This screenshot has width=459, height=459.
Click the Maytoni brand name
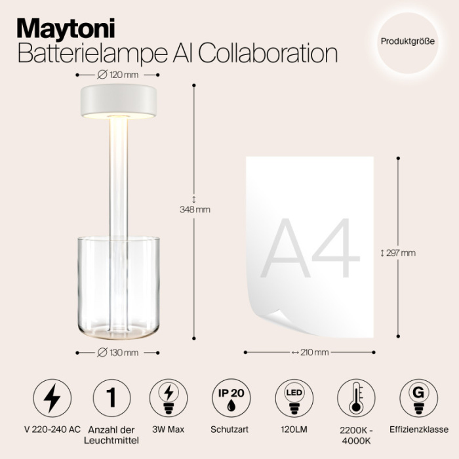pyautogui.click(x=66, y=28)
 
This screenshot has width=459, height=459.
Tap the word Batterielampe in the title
pyautogui.click(x=81, y=54)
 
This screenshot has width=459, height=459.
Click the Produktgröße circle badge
pyautogui.click(x=407, y=41)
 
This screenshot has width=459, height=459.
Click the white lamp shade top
pyautogui.click(x=118, y=99)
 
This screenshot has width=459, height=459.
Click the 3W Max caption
pyautogui.click(x=169, y=430)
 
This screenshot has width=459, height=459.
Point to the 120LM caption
pyautogui.click(x=293, y=430)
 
